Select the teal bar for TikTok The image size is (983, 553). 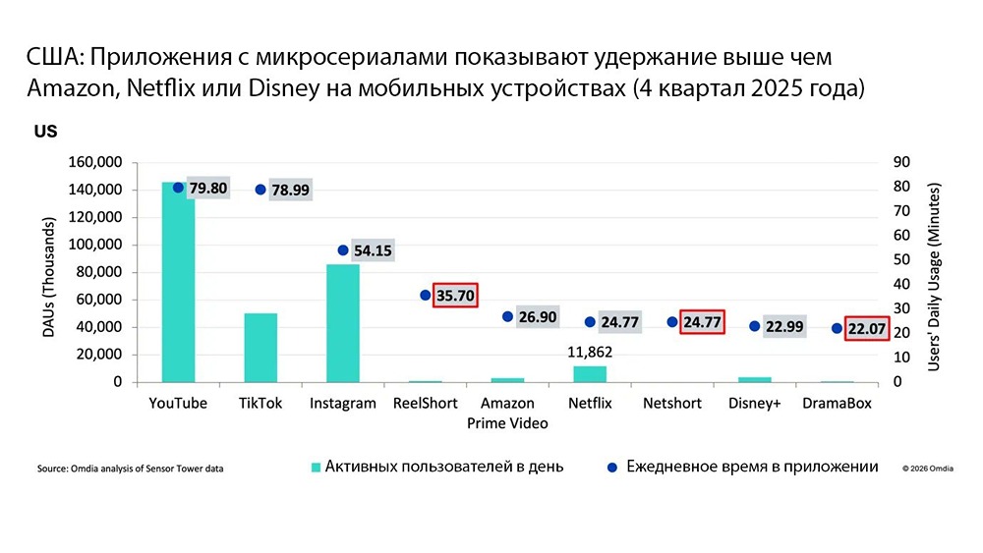coord(260,348)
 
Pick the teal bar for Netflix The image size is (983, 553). coord(591,373)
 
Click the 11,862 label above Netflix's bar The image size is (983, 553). coord(590,351)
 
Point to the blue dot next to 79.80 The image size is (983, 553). coord(178,188)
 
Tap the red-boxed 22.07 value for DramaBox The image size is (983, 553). coord(866,328)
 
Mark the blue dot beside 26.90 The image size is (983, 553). coord(507,316)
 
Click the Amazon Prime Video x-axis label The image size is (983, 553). coord(508,414)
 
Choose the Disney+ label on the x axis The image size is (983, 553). coord(755,404)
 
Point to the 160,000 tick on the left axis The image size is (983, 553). coord(93,162)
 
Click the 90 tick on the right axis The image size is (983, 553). coord(900,162)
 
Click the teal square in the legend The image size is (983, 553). coord(317,467)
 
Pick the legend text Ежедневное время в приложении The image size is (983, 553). coord(752,467)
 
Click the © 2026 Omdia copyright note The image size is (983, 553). coord(929,469)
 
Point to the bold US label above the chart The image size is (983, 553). coord(45,131)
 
